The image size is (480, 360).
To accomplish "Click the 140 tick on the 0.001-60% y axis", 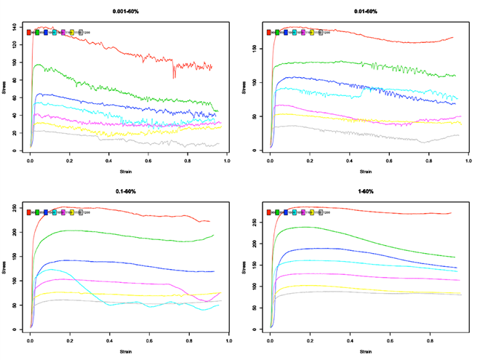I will coord(15,27).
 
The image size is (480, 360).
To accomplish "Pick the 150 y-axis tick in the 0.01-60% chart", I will coord(255,49).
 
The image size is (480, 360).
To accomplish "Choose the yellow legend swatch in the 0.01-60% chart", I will coord(312,32).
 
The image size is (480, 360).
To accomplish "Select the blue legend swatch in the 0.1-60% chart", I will coord(47,212).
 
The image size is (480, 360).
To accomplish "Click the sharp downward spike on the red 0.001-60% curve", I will coord(173,76).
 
